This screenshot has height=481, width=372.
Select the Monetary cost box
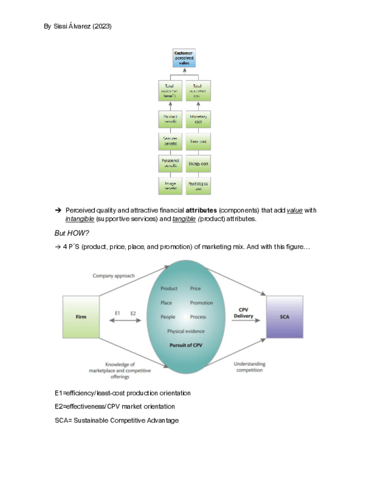198,119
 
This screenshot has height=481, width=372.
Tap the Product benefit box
170,119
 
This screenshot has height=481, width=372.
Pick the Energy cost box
198,164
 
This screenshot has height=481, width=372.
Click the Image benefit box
170,185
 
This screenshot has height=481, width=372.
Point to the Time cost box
198,141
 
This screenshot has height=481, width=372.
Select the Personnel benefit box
170,164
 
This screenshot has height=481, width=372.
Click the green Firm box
81,317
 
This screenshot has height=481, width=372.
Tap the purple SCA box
285,317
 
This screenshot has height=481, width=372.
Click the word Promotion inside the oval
202,303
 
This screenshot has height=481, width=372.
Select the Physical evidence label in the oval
186,331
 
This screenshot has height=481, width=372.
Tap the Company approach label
114,276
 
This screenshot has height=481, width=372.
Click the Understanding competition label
250,367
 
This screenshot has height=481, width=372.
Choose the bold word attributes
202,210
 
